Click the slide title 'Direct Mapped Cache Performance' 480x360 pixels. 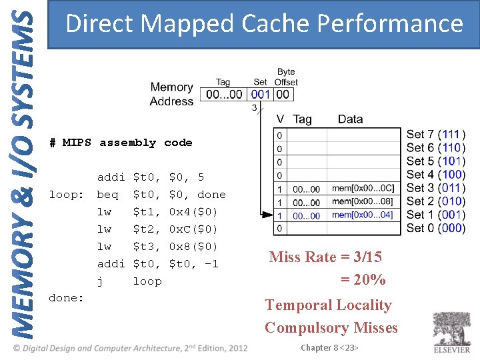point(265,24)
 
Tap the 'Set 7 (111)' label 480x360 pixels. point(436,135)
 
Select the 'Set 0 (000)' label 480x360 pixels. point(436,228)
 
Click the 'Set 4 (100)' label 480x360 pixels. point(436,175)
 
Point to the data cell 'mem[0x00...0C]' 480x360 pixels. point(363,189)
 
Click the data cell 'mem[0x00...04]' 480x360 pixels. point(363,215)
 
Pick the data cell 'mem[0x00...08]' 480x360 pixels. point(363,202)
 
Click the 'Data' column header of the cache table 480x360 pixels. point(350,119)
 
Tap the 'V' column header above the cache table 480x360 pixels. point(280,119)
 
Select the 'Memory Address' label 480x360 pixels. point(171,94)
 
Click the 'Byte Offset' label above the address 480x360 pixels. point(286,77)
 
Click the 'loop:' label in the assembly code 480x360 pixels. point(66,195)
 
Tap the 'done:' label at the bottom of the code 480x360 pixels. point(66,298)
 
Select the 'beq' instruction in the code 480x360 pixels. point(107,195)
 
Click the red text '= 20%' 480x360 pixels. point(363,280)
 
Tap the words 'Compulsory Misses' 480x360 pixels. point(331,328)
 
